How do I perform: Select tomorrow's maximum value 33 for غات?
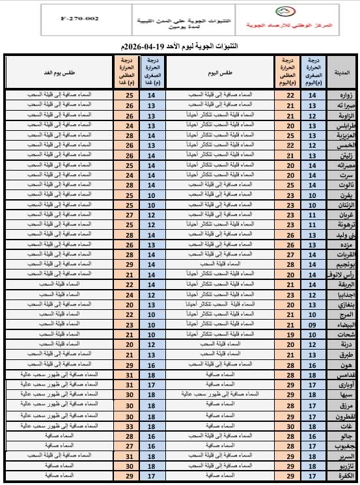[129, 426]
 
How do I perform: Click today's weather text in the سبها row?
[218, 395]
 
